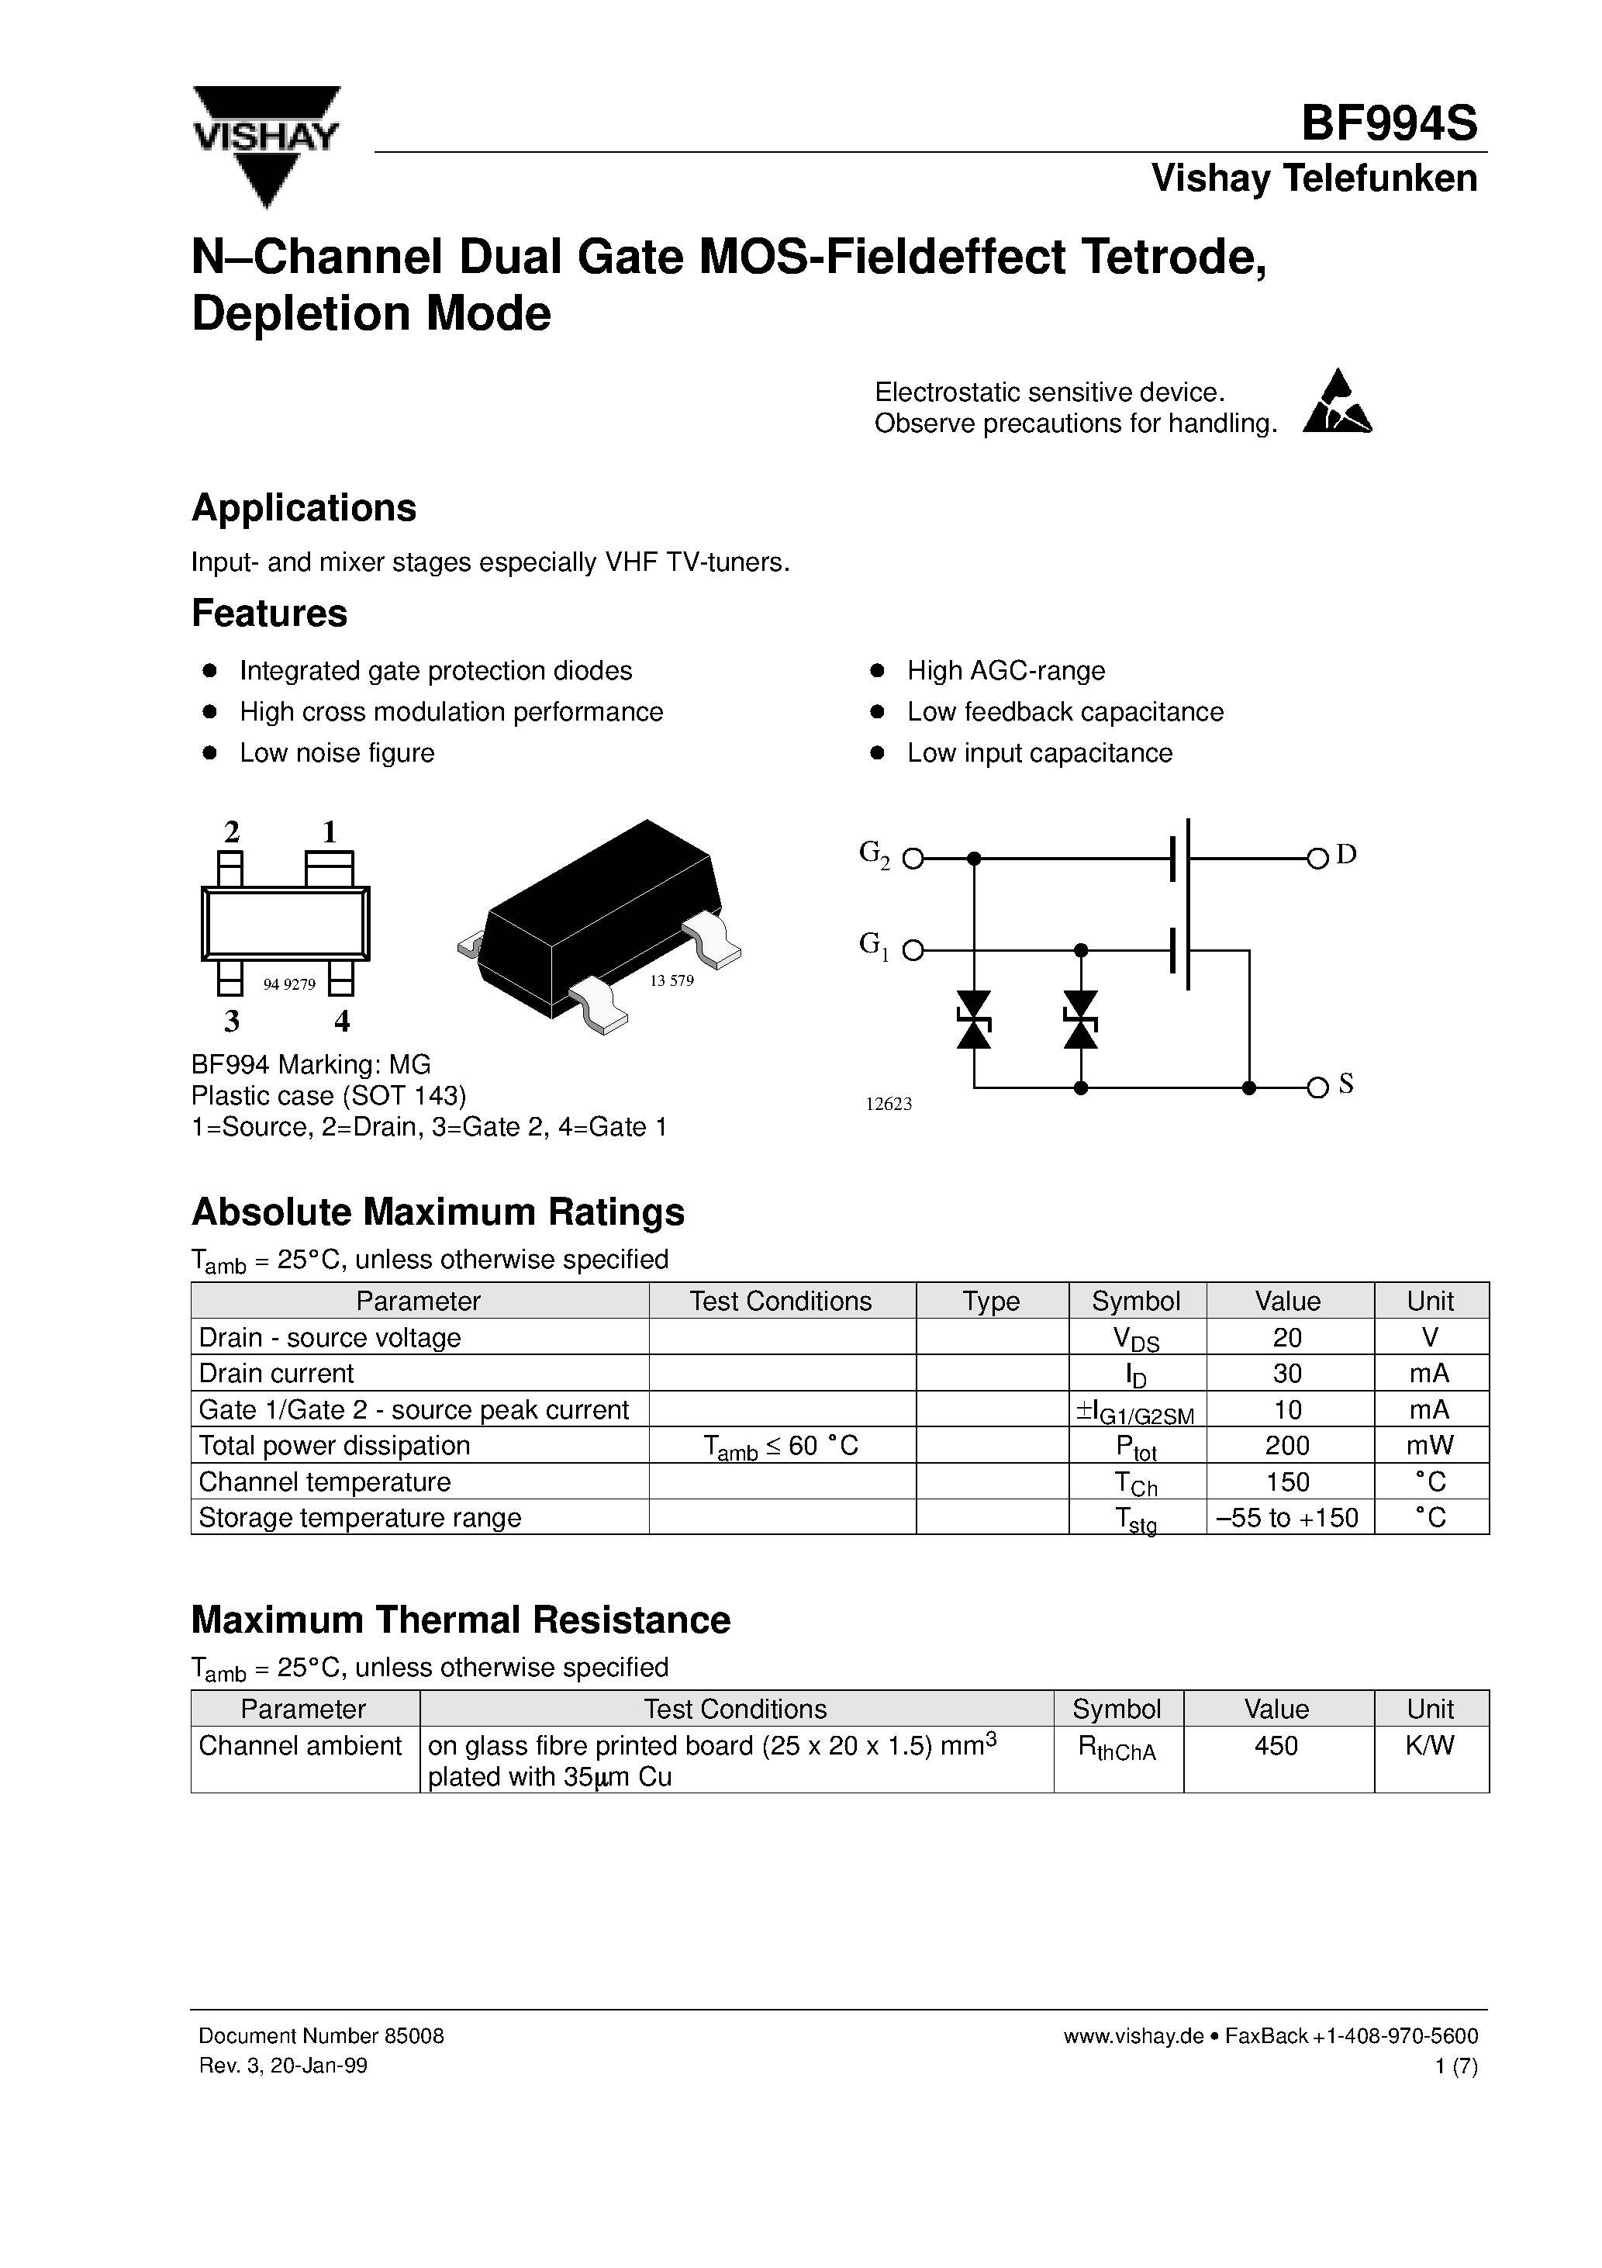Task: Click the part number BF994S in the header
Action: (1388, 124)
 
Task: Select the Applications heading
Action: (304, 508)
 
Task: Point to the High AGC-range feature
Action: (1006, 671)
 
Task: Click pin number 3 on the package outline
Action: (232, 1021)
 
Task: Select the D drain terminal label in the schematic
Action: (1346, 855)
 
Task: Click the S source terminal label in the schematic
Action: (1345, 1084)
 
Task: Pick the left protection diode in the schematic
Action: (975, 1019)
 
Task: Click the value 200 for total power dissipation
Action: (1287, 1446)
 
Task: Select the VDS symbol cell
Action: (1136, 1339)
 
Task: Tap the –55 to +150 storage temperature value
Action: (1287, 1517)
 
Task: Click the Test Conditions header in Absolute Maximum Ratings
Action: (780, 1301)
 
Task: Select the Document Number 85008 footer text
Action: (321, 2036)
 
